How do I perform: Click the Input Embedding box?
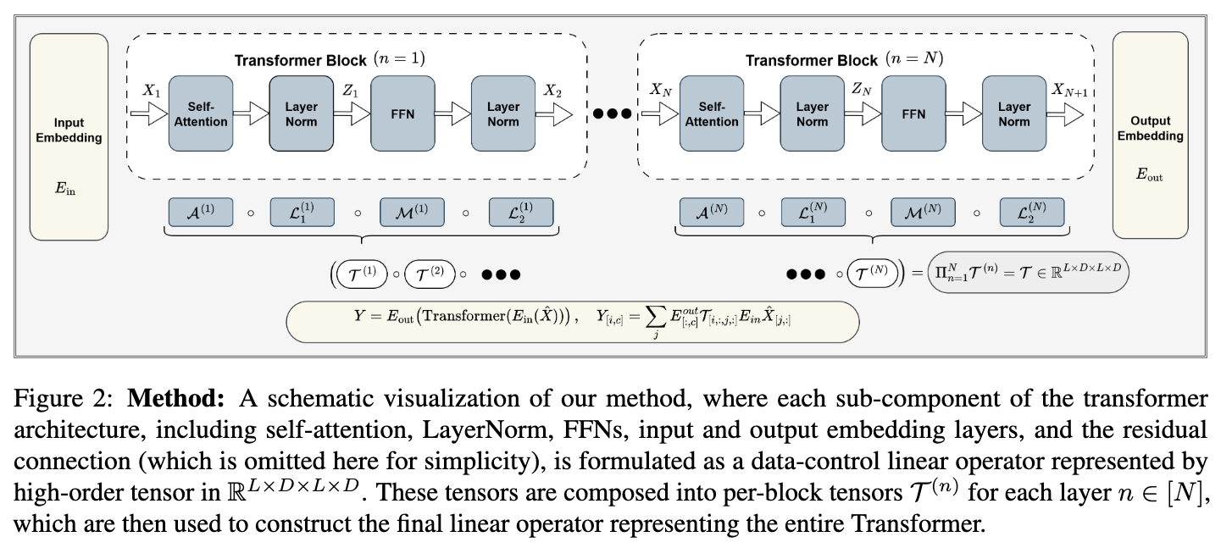coord(69,136)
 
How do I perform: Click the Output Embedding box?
coord(1151,136)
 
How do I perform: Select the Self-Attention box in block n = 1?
coord(201,113)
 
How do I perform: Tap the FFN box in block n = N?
coord(913,113)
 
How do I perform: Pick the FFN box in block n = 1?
coord(402,113)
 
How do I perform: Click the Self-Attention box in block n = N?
coord(712,113)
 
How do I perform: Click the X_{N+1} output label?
coord(1070,90)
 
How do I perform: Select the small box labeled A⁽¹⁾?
coord(200,213)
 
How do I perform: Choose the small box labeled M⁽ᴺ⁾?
coord(922,213)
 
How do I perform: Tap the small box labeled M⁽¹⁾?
coord(411,213)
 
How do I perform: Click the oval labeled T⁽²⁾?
coord(430,274)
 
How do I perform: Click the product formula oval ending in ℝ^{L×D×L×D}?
coord(1029,274)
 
